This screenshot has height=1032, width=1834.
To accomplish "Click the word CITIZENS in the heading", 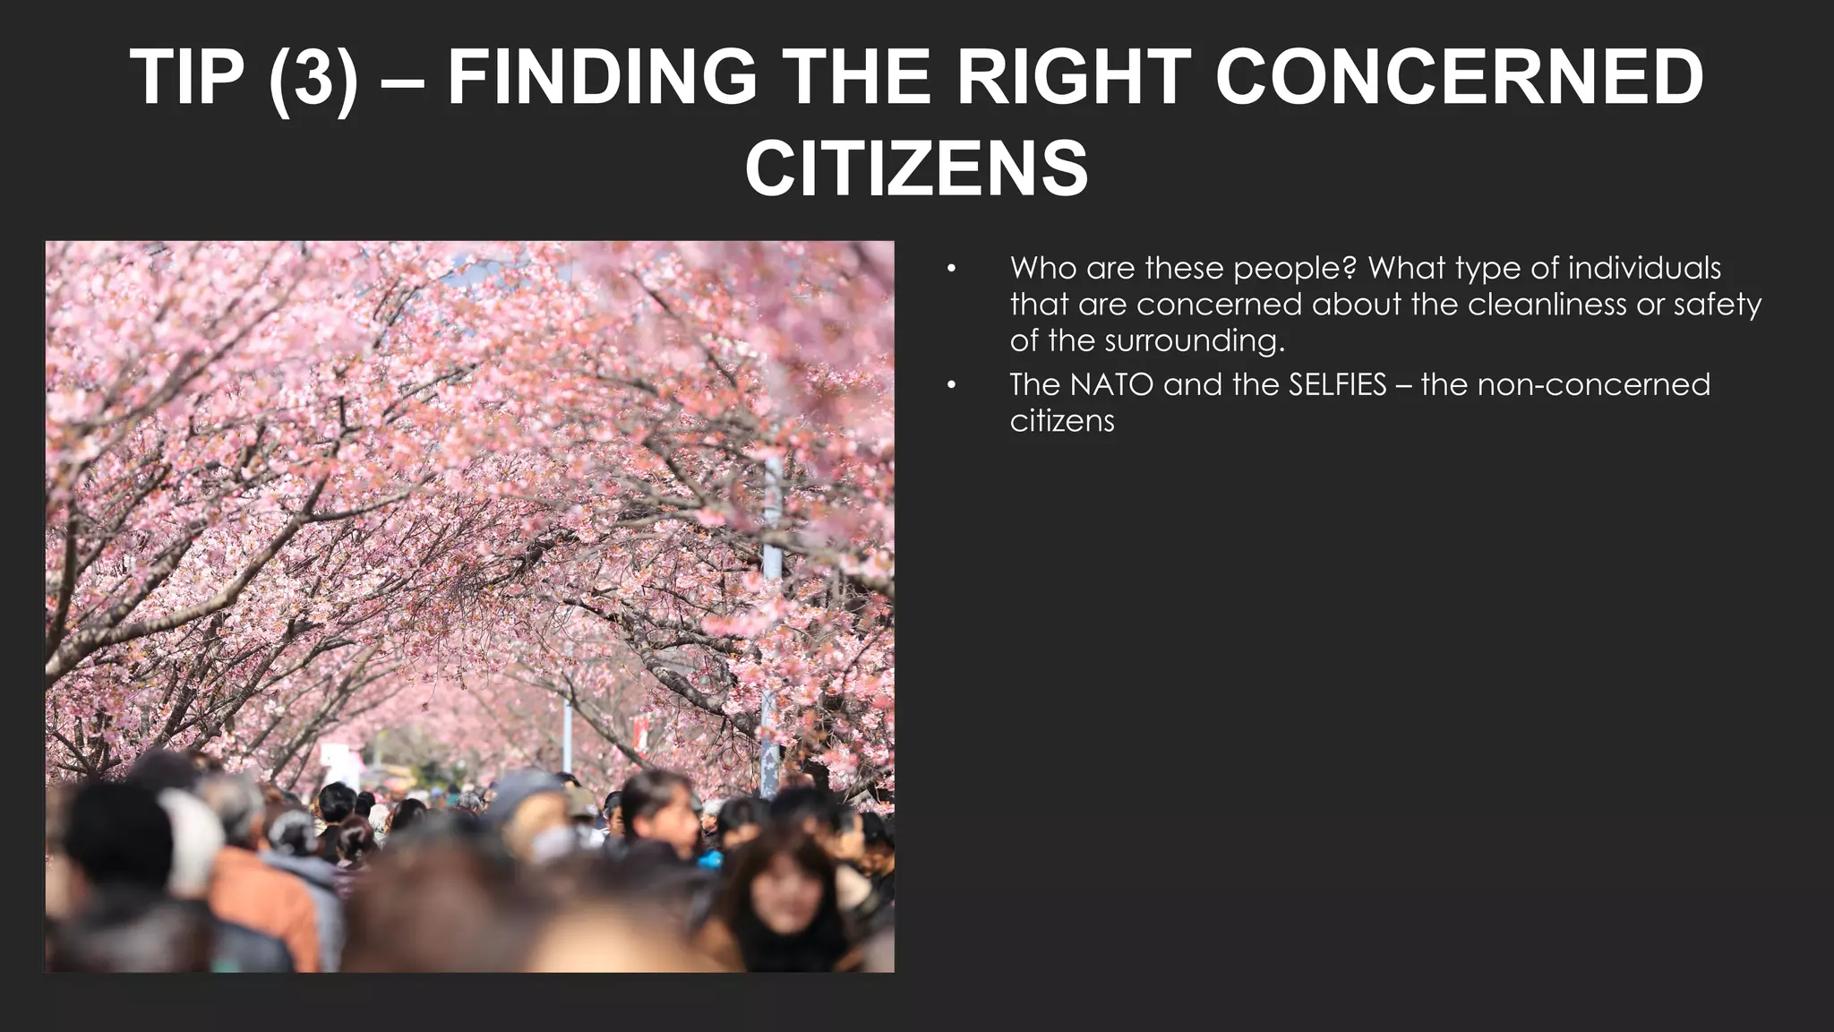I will [x=916, y=168].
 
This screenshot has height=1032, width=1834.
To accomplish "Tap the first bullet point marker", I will [x=951, y=269].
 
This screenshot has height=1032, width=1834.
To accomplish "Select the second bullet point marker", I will [x=951, y=385].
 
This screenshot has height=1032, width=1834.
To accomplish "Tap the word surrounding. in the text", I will [x=1194, y=341].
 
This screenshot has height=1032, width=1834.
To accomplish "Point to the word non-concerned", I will [x=1593, y=384].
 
